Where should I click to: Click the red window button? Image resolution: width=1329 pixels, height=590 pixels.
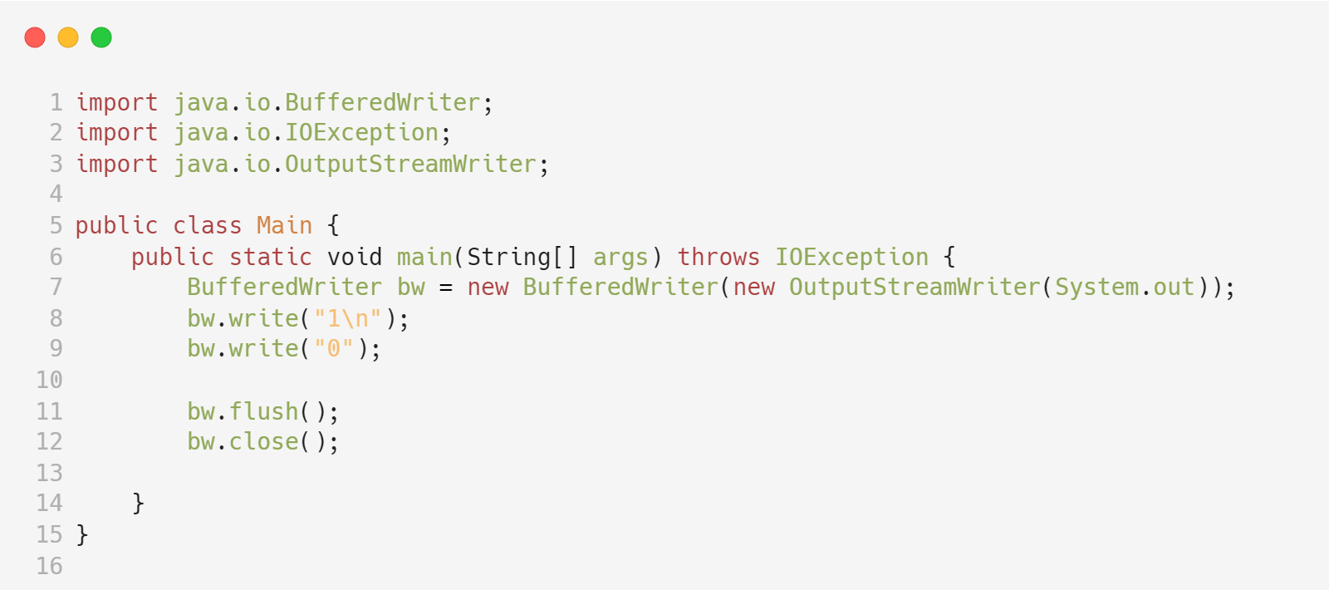35,37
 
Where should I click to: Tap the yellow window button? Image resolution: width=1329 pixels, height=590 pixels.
68,37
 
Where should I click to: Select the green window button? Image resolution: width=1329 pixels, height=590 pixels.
101,37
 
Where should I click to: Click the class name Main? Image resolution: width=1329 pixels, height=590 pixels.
284,226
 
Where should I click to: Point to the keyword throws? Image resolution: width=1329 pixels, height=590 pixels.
718,258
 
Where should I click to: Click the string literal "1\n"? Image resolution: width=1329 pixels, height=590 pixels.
348,319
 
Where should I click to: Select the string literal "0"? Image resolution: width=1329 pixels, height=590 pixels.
334,349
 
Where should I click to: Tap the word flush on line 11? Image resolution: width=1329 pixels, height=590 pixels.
263,412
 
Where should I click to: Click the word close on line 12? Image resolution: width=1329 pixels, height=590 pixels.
263,442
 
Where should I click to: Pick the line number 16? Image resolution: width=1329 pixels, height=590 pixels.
49,567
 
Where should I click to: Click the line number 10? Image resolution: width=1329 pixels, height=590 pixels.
49,381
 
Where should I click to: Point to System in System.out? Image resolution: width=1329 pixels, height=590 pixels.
1096,288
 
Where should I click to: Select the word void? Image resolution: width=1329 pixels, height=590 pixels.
355,258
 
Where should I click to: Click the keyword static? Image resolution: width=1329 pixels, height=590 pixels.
270,258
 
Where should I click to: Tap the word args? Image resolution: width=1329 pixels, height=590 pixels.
620,258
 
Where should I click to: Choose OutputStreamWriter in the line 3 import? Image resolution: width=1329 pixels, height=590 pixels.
410,165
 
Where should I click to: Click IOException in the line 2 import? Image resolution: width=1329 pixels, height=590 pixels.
361,133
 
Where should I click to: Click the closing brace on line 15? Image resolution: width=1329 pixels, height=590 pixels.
82,535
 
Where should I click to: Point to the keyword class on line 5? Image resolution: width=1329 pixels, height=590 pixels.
207,226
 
